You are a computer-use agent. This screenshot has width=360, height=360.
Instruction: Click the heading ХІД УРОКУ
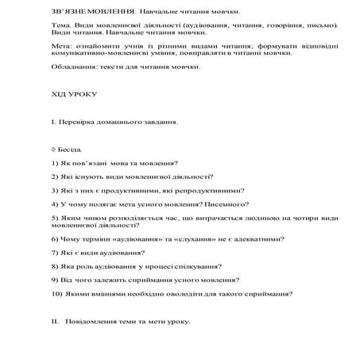(72, 94)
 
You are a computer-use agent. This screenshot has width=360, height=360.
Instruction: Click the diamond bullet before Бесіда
(52, 149)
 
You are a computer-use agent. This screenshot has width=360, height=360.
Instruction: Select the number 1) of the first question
(52, 163)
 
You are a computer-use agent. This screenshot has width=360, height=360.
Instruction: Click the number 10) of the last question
(56, 294)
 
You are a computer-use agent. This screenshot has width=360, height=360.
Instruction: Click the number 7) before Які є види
(52, 253)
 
